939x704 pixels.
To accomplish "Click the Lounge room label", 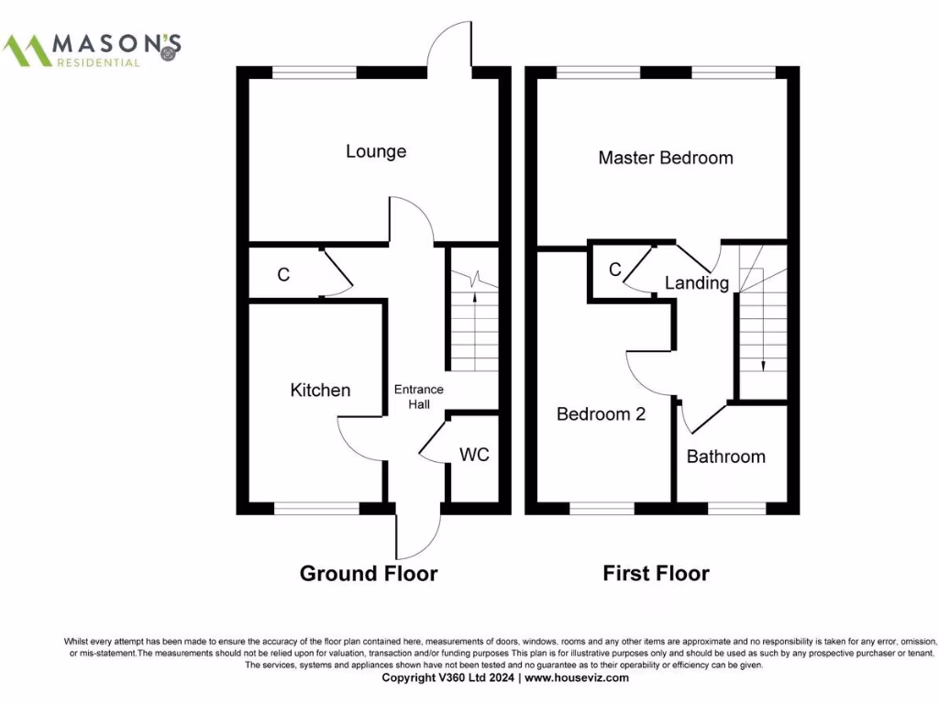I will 376,151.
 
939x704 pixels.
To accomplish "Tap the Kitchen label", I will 320,390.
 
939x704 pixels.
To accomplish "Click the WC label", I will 473,455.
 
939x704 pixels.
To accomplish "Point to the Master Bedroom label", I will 665,158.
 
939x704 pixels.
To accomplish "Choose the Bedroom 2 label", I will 601,414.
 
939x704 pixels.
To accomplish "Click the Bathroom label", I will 725,456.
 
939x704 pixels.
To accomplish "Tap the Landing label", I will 696,283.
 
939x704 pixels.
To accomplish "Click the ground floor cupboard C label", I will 283,274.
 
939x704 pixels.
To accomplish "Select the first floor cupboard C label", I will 614,269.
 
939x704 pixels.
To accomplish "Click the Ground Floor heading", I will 369,574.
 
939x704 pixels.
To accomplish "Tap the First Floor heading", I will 656,574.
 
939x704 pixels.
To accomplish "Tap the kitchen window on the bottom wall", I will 317,508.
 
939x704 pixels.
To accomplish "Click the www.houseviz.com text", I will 577,678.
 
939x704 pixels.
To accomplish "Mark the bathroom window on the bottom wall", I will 736,508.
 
